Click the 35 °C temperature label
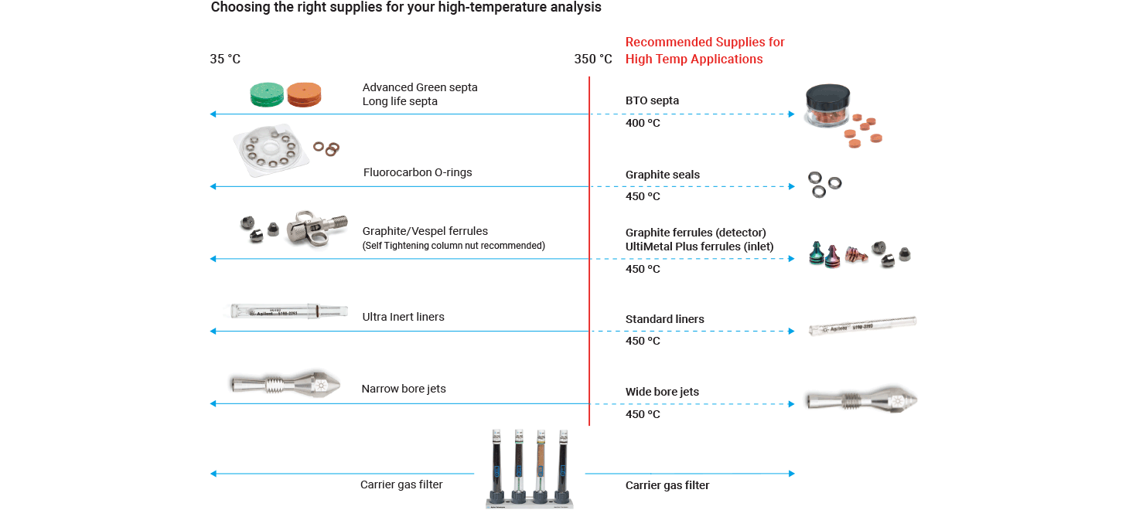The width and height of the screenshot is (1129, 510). (225, 59)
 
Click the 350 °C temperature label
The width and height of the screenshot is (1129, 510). (593, 59)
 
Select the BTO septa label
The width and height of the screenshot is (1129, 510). (652, 100)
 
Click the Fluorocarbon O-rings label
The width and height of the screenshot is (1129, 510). (418, 172)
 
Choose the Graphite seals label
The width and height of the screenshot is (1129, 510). (663, 175)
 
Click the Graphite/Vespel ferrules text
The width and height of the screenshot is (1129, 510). (425, 231)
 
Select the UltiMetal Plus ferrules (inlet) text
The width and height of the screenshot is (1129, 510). (700, 246)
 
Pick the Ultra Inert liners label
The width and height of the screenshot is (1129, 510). (404, 317)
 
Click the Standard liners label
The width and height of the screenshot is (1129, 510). (665, 319)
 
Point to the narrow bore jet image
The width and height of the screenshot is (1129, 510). (285, 384)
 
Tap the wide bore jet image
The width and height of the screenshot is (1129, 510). (861, 399)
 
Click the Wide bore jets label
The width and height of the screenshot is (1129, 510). (662, 392)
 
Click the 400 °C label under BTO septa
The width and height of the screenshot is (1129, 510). (643, 123)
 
